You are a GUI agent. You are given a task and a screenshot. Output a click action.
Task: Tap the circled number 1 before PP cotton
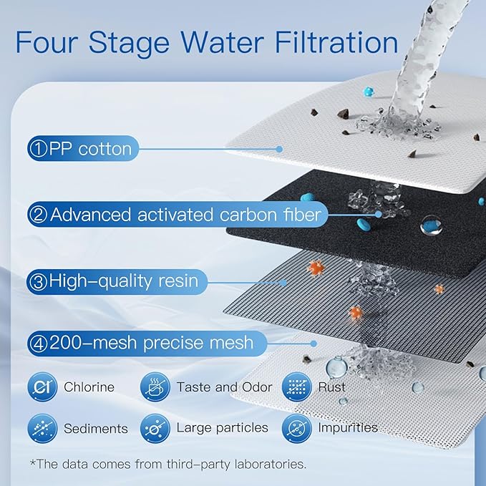(38, 149)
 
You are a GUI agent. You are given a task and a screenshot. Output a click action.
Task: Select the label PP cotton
(89, 149)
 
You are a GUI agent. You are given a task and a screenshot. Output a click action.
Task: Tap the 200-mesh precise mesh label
(151, 343)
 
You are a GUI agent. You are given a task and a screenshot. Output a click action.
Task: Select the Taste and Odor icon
(154, 387)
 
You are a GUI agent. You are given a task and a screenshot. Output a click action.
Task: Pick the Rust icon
(295, 387)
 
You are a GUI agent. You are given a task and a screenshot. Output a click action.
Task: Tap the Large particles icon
(154, 428)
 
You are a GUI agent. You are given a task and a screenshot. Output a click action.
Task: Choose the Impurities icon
(295, 428)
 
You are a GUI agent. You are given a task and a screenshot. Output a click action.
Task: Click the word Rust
(332, 387)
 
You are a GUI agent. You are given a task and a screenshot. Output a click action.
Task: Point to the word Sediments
(95, 429)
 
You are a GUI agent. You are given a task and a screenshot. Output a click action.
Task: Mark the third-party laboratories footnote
(168, 464)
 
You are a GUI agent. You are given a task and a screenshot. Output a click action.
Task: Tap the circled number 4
(38, 343)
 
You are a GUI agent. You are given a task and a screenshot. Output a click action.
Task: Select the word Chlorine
(89, 387)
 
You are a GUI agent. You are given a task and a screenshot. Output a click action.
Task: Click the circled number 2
(38, 214)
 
